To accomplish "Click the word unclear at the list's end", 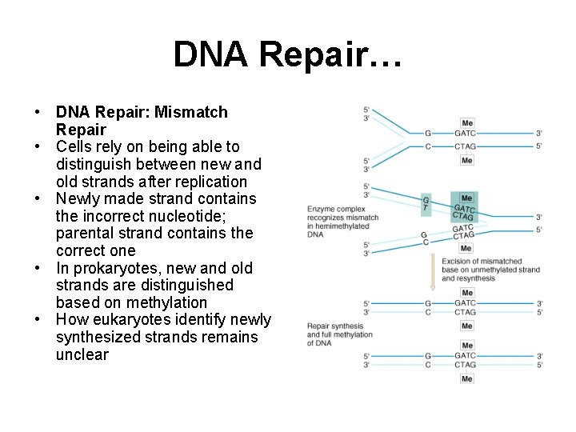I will coord(82,354).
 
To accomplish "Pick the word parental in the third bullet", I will coord(89,234).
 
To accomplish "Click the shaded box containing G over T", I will coord(426,204).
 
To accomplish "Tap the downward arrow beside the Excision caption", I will coord(433,273).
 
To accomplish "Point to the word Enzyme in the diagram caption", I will coord(319,210).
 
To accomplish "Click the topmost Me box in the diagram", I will coord(466,122).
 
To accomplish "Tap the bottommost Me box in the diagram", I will coord(466,378).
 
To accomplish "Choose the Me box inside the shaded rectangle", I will coord(466,198).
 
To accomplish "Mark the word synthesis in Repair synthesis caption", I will coord(348,326).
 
